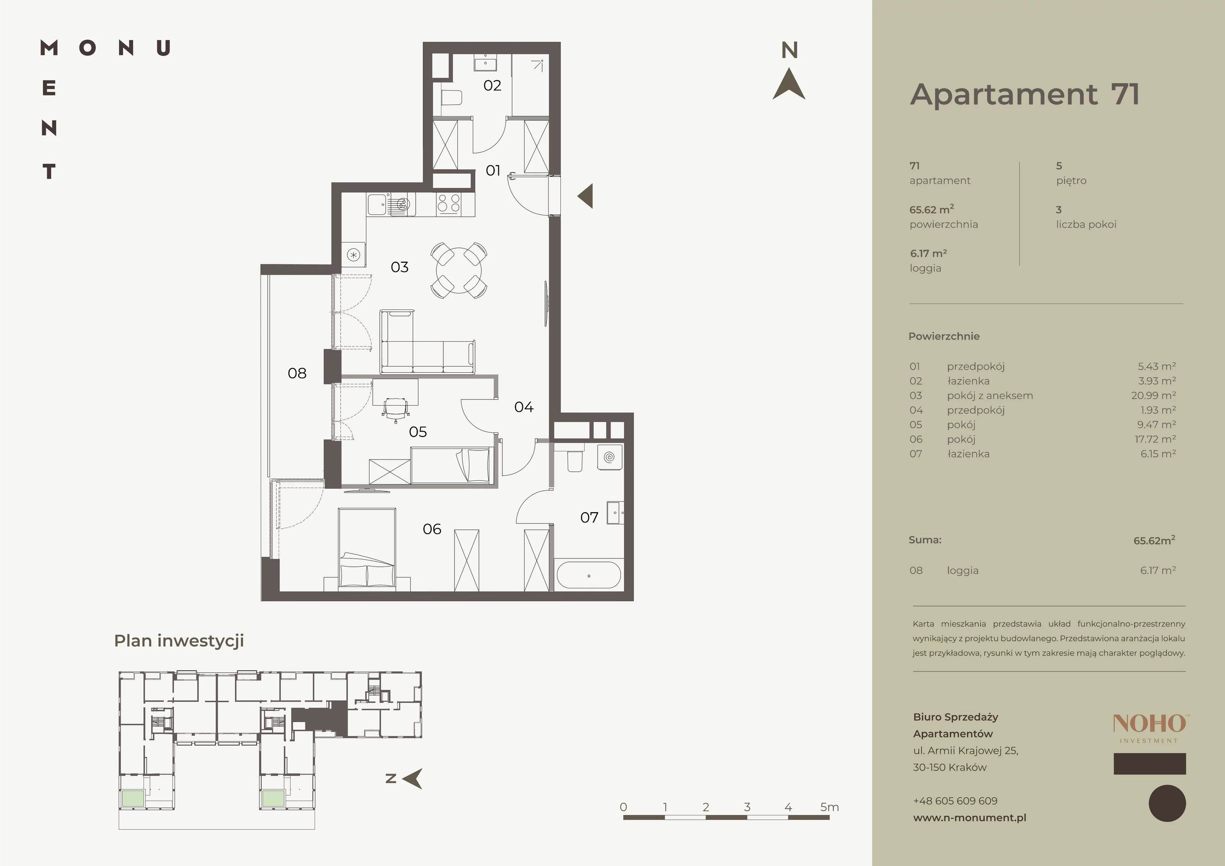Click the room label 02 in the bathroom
pyautogui.click(x=492, y=85)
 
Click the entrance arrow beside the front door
pyautogui.click(x=585, y=196)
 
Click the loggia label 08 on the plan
pyautogui.click(x=297, y=373)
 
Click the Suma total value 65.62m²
pyautogui.click(x=1154, y=540)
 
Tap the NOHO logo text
pyautogui.click(x=1149, y=724)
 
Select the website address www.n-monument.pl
pyautogui.click(x=969, y=817)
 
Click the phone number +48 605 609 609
pyautogui.click(x=955, y=801)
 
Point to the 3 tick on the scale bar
pyautogui.click(x=747, y=807)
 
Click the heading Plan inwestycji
pyautogui.click(x=179, y=641)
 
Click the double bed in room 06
pyautogui.click(x=367, y=549)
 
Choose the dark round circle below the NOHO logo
pyautogui.click(x=1167, y=803)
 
